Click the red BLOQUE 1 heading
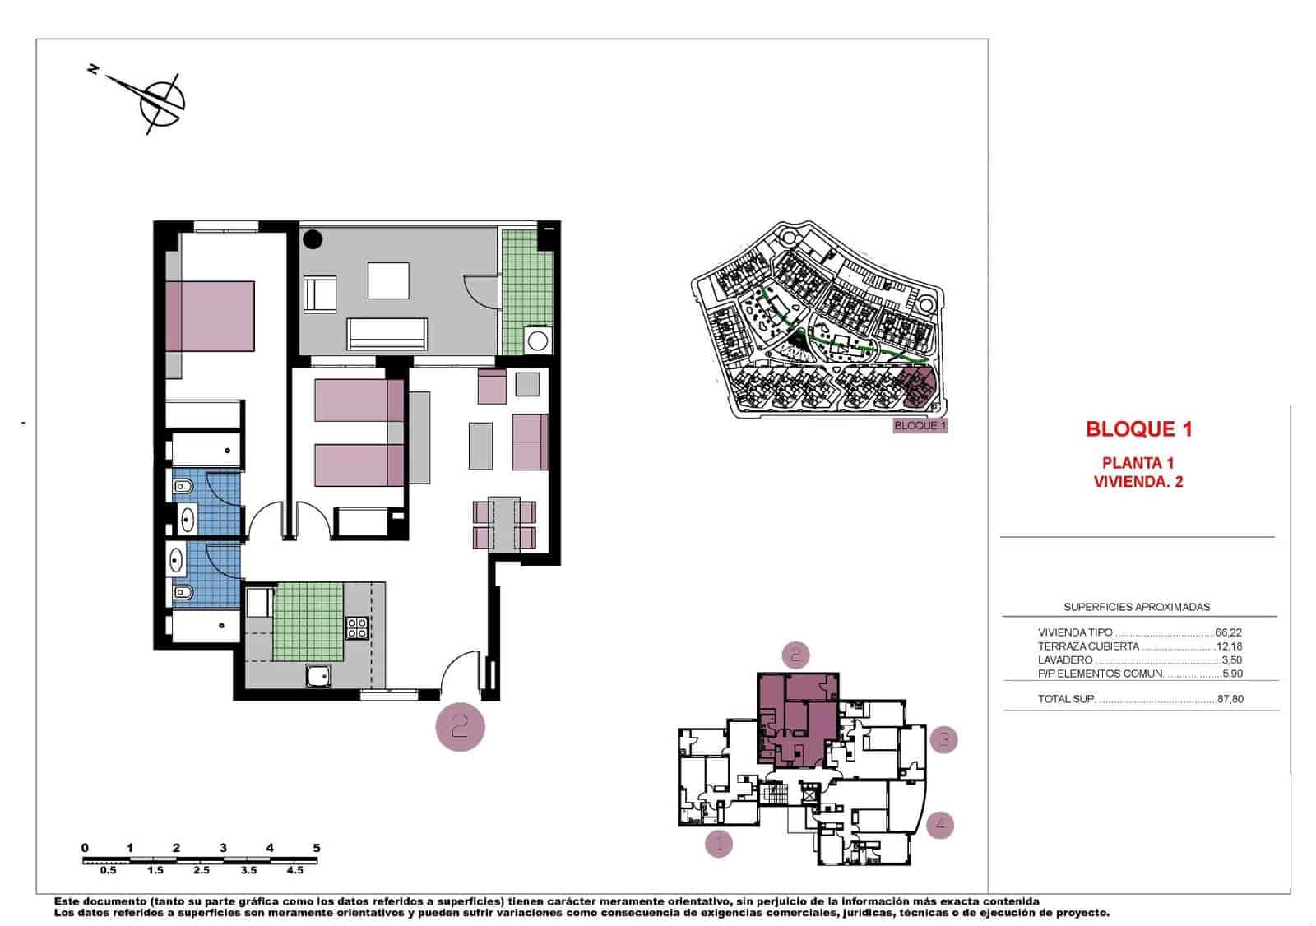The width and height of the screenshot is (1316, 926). [1138, 428]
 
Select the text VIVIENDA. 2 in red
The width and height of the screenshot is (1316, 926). [1138, 482]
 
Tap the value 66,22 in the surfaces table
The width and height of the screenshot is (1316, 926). [1228, 633]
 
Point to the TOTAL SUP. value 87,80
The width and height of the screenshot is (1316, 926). [1230, 700]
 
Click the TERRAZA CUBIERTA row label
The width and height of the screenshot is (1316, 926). [1088, 646]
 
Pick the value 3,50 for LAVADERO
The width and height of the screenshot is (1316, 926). [1231, 660]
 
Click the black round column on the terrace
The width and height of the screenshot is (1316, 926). [313, 239]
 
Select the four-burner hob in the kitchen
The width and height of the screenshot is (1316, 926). [357, 627]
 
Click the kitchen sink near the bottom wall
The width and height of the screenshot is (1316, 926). [318, 676]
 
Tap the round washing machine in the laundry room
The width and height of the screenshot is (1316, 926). [539, 340]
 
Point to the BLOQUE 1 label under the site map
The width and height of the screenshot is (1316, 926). [920, 426]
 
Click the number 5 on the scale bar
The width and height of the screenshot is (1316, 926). [317, 848]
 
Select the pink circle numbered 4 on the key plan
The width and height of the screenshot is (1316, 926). [940, 824]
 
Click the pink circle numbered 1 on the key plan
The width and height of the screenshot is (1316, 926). [719, 844]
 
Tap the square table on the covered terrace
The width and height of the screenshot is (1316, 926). [388, 280]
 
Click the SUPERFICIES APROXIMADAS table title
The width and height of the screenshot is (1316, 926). [1137, 607]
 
